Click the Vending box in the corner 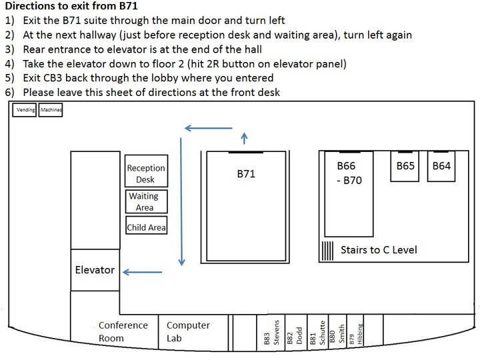tap(24, 110)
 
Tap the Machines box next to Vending tap(51, 110)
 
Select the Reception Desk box tap(146, 171)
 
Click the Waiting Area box tap(146, 201)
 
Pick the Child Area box tap(146, 225)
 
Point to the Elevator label tap(95, 270)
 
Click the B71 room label tap(246, 174)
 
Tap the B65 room tap(405, 166)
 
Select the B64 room tap(441, 166)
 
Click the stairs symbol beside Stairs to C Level tap(327, 251)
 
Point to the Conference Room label tap(123, 331)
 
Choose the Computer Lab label tap(188, 331)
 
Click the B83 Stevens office tap(271, 332)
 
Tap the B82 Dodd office tap(296, 332)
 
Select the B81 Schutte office tap(318, 332)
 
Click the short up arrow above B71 tap(244, 138)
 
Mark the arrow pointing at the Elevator tap(143, 272)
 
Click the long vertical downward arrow tap(181, 202)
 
